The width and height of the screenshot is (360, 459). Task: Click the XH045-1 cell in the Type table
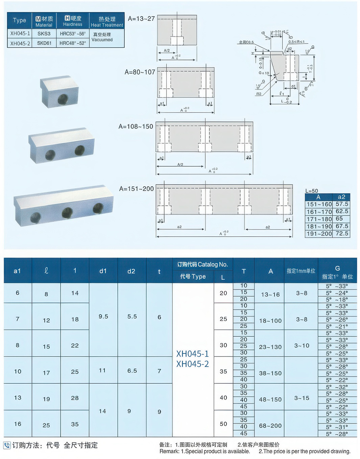(20, 33)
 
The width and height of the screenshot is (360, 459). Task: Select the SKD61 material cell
(44, 43)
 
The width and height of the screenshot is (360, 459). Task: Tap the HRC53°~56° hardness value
(73, 34)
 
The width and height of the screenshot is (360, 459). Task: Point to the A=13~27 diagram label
(141, 19)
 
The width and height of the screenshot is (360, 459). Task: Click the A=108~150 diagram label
(136, 127)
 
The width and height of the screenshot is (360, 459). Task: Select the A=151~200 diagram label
(137, 189)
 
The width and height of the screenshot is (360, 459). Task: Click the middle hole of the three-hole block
(67, 212)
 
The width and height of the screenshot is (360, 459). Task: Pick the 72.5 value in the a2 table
(342, 233)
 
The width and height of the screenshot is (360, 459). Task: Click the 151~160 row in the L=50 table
(319, 204)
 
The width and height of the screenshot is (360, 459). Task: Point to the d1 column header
(103, 271)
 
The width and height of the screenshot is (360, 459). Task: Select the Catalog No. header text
(202, 265)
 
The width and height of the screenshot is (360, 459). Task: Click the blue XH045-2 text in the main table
(193, 364)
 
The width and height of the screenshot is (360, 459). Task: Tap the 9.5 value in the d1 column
(103, 317)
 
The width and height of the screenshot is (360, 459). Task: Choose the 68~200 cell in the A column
(270, 426)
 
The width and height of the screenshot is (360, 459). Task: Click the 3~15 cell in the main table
(302, 398)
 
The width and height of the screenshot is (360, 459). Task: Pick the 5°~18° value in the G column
(337, 300)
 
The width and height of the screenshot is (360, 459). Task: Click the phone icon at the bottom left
(7, 445)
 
